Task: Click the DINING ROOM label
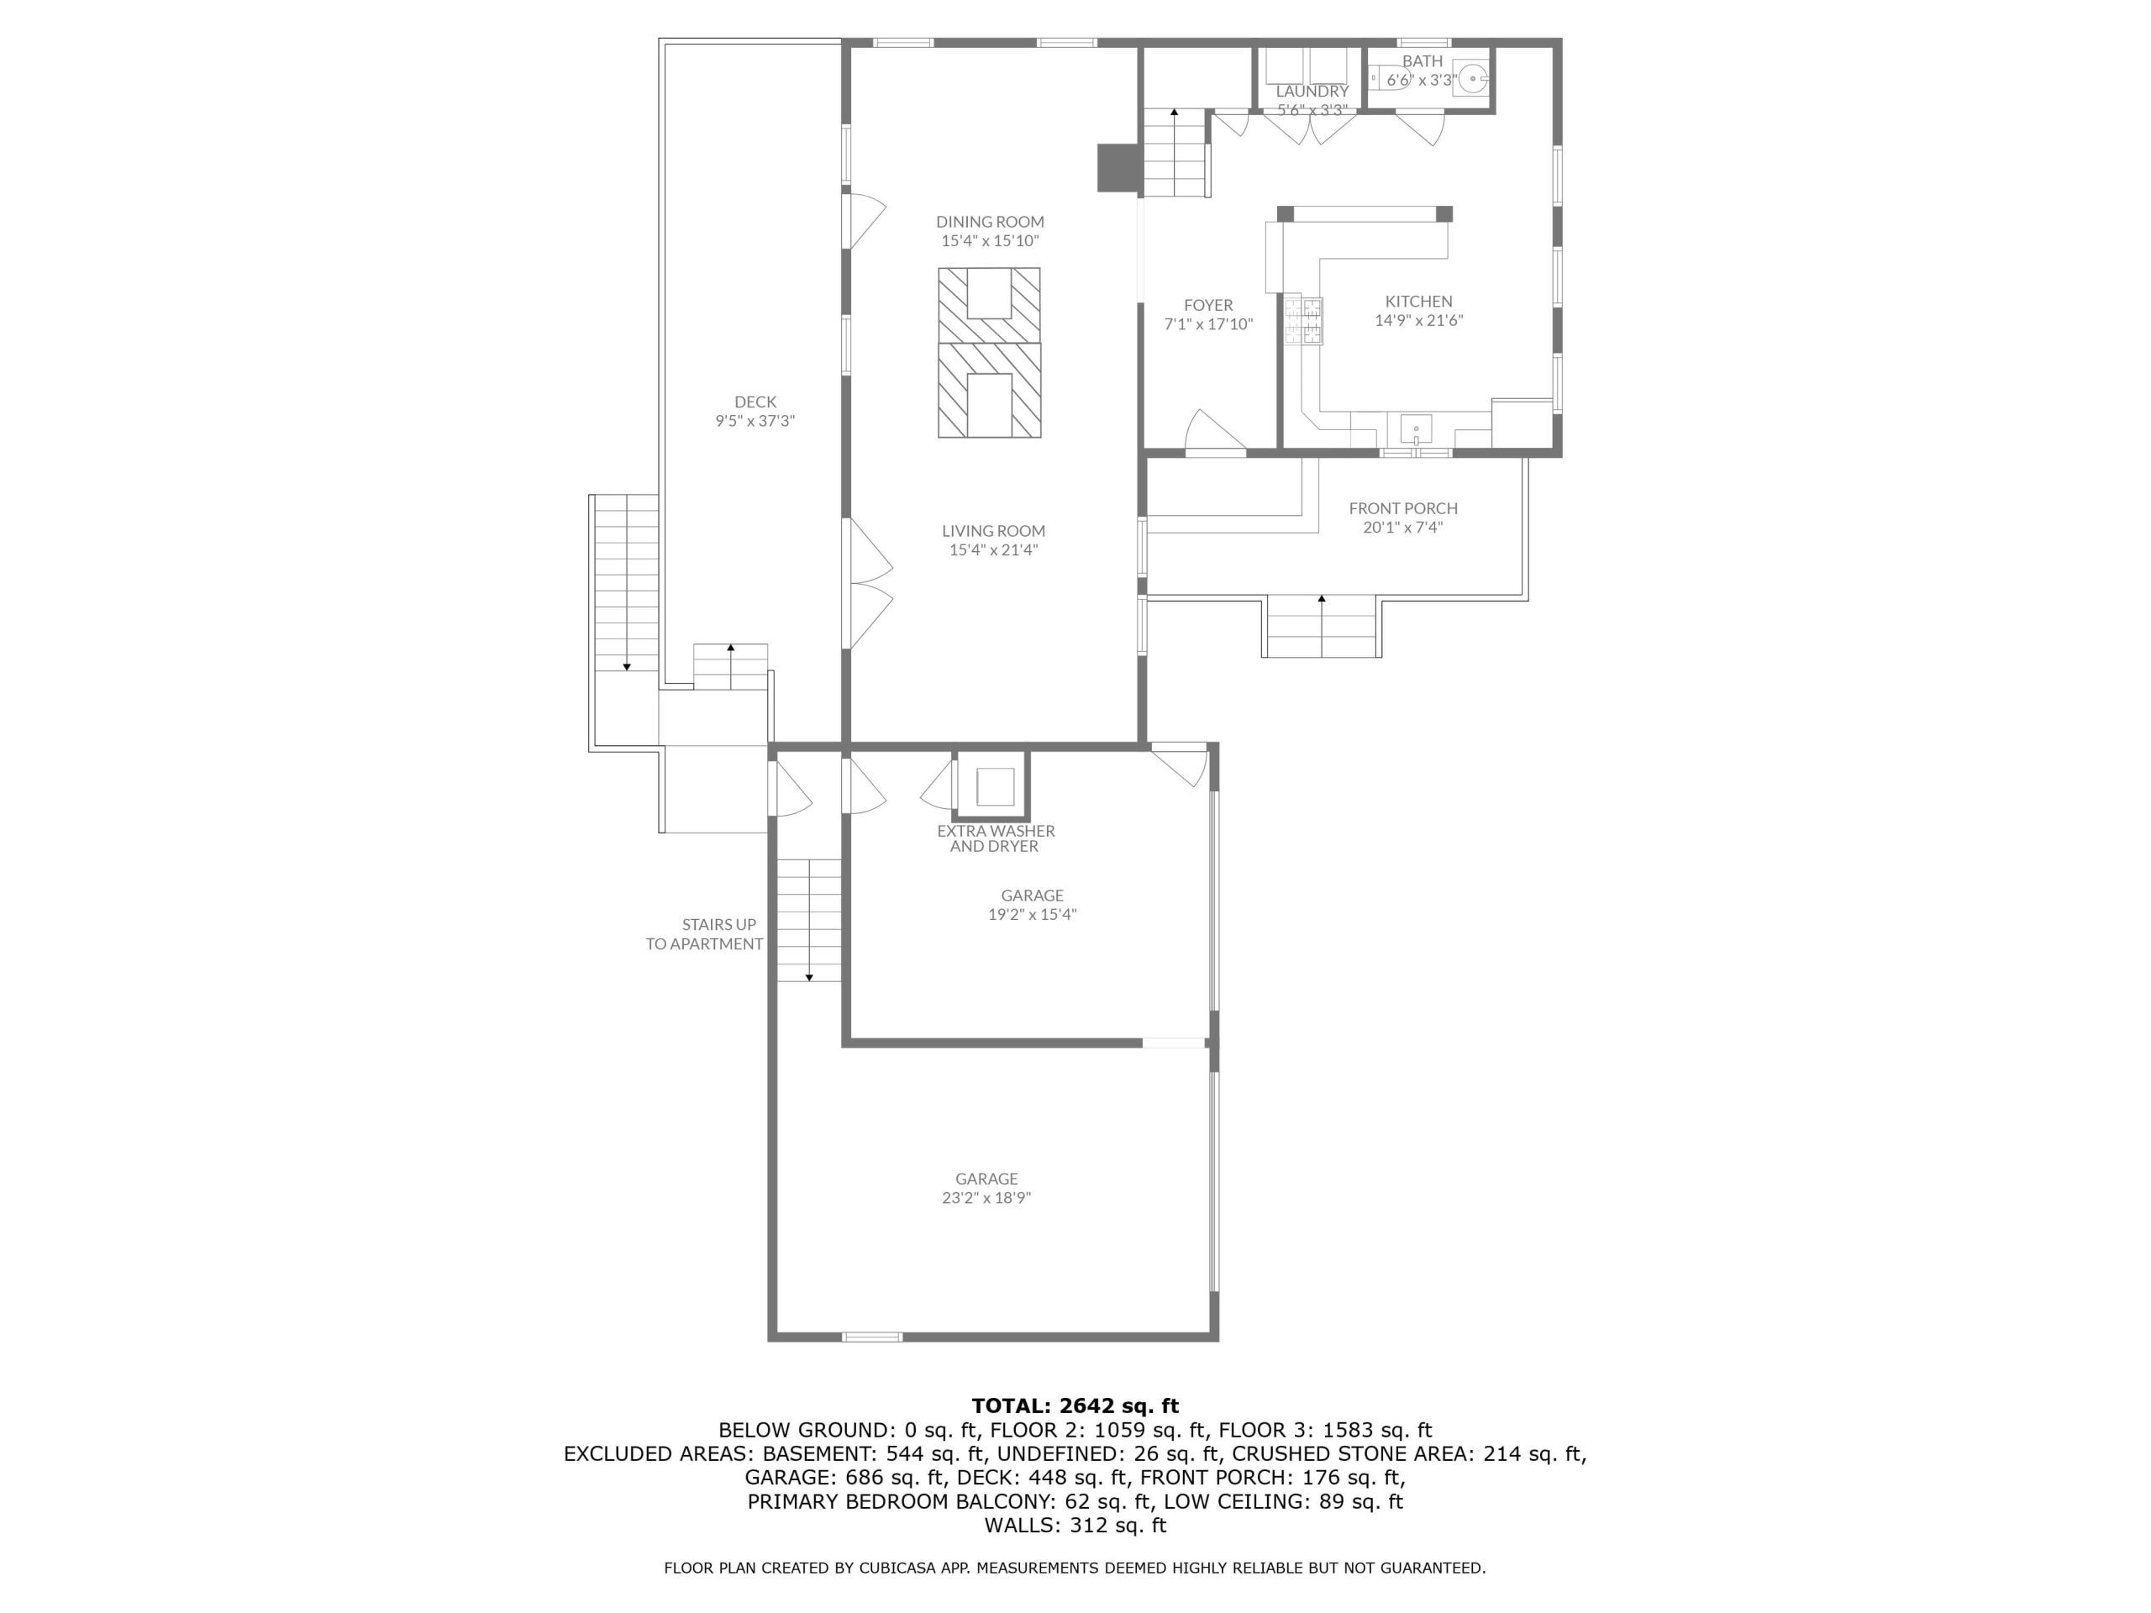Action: click(990, 222)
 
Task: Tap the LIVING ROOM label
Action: click(993, 531)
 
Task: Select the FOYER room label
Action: click(1209, 305)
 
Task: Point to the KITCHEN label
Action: click(1419, 302)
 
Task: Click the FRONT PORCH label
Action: click(1403, 508)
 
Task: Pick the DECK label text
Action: click(755, 402)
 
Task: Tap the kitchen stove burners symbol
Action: click(1303, 321)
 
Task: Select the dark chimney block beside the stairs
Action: click(1118, 168)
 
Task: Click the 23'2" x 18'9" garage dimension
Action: click(986, 1198)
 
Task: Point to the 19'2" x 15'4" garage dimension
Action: click(1032, 914)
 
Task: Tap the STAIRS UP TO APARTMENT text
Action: click(705, 934)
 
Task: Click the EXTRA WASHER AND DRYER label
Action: click(996, 838)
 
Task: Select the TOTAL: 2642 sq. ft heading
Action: click(1075, 1405)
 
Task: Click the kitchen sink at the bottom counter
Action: click(1416, 428)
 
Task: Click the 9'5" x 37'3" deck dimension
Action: click(755, 421)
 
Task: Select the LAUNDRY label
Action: click(1312, 92)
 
